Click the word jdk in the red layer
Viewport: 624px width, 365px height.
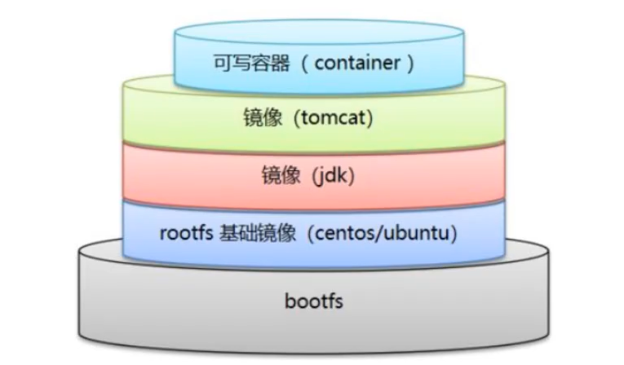pos(327,174)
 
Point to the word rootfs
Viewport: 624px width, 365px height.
pos(187,233)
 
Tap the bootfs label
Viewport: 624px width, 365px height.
pos(314,302)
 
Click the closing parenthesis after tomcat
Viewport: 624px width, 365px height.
pos(370,118)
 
